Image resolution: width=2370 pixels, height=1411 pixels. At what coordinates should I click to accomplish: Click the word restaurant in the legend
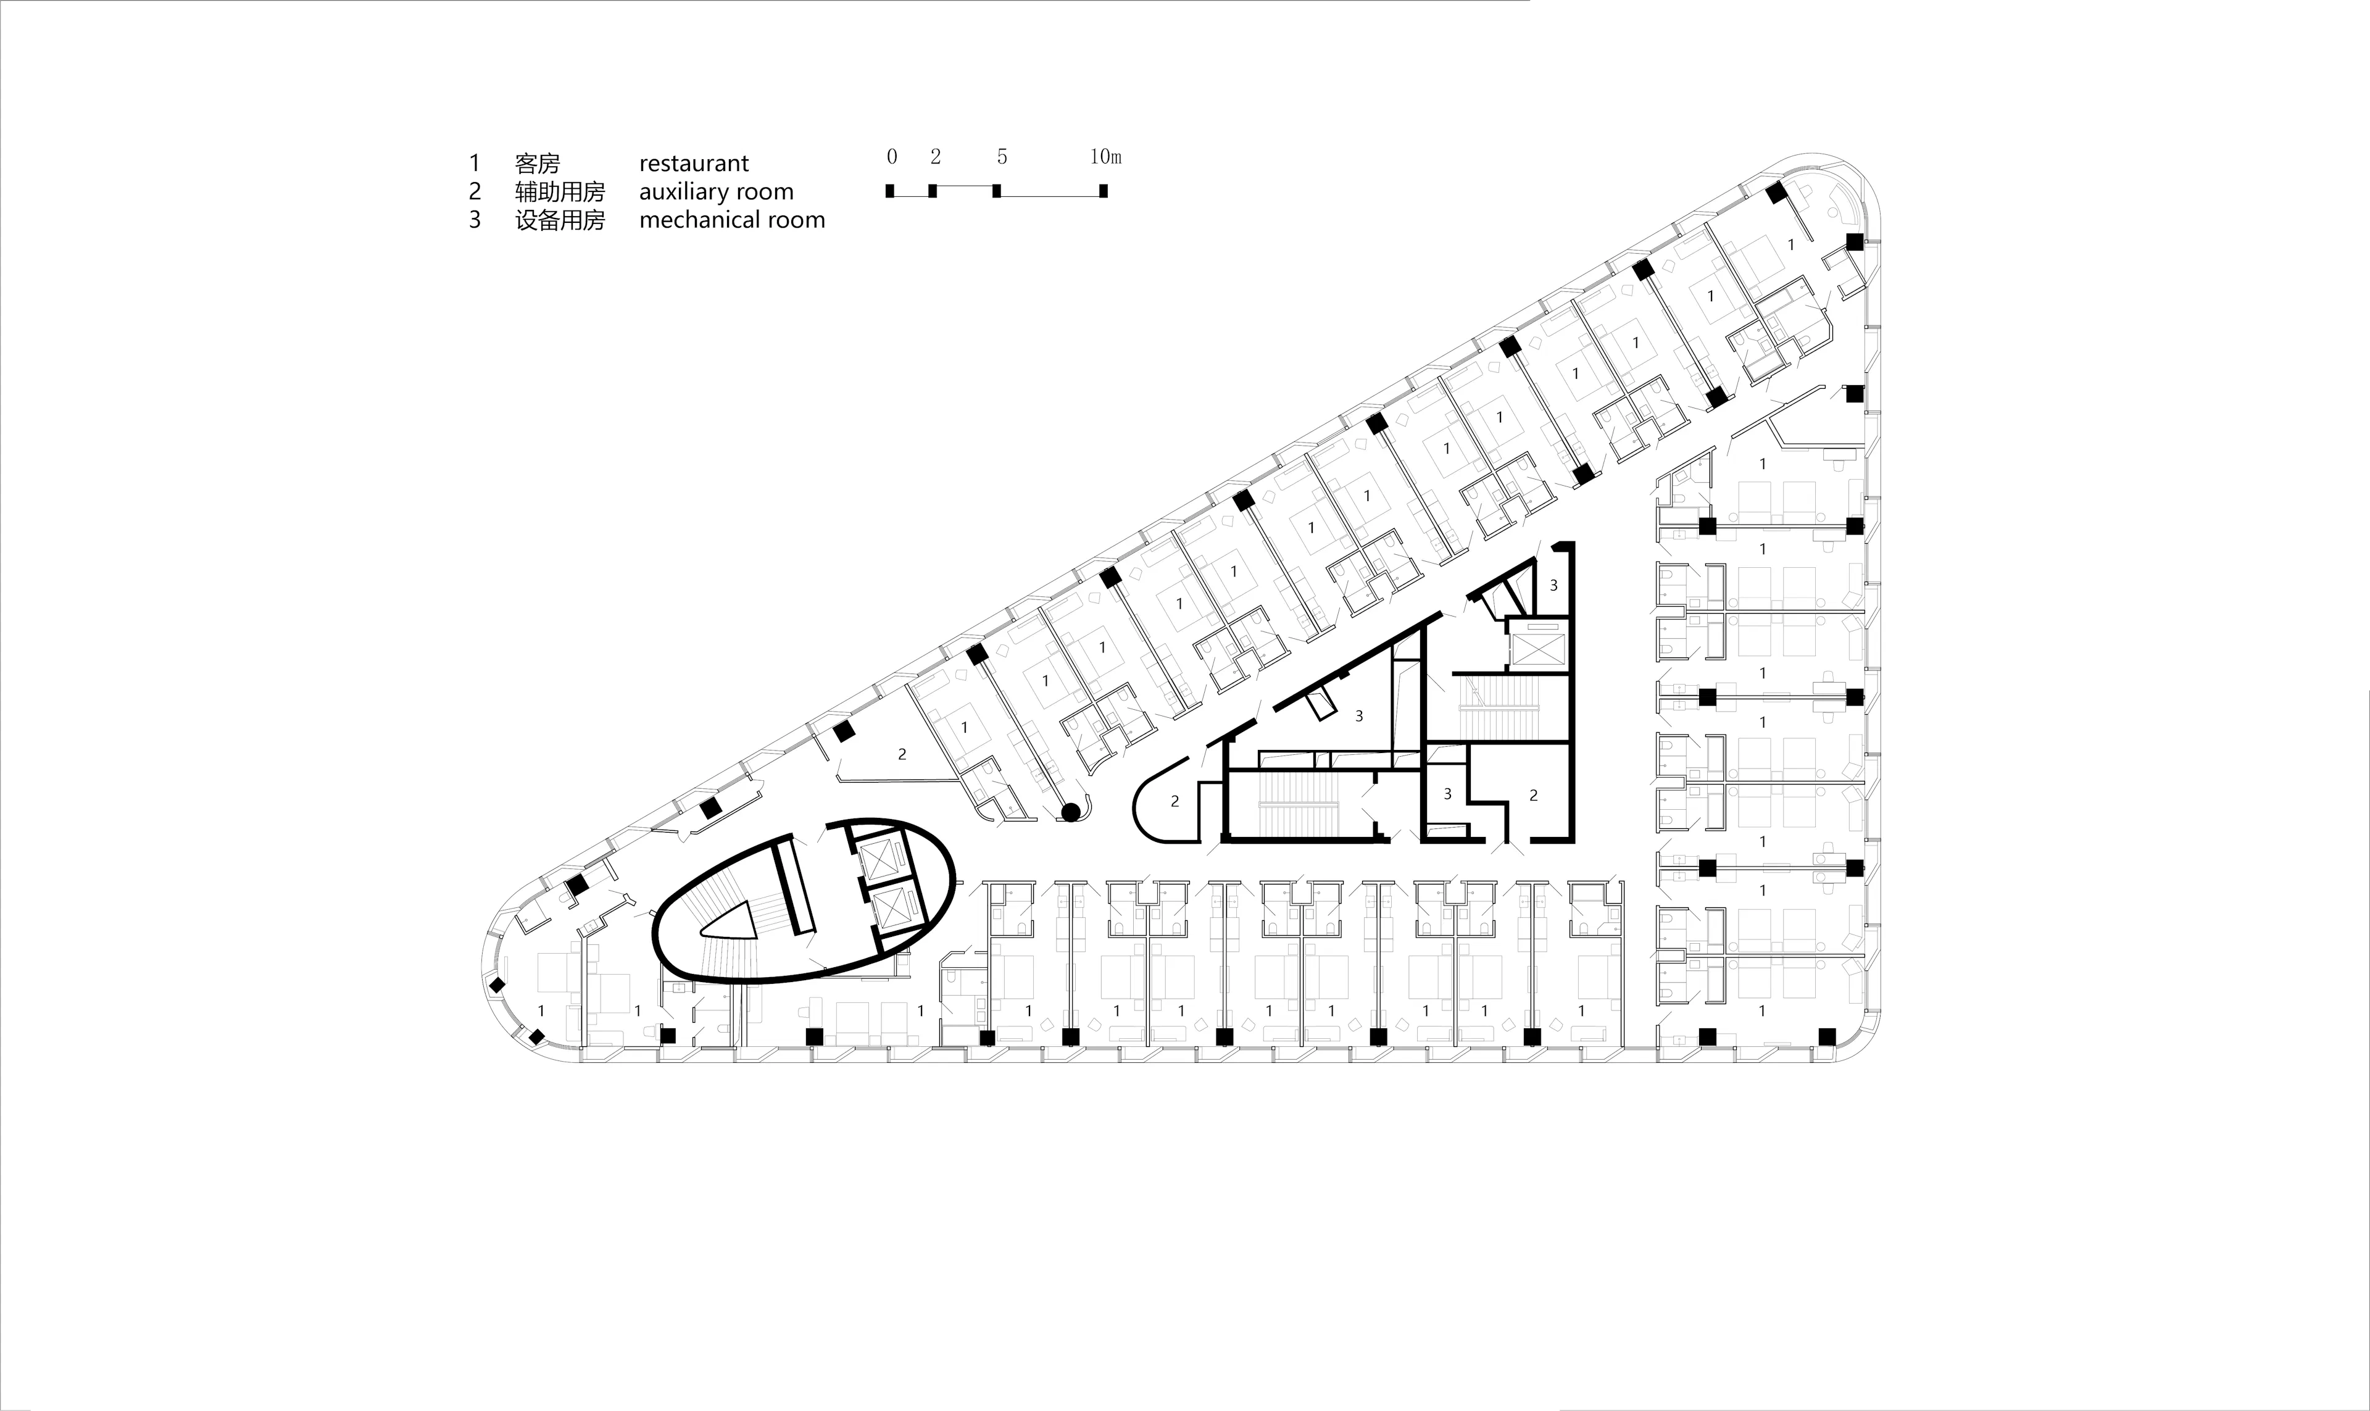click(x=694, y=164)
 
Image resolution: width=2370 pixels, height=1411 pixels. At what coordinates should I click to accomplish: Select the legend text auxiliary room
click(x=716, y=192)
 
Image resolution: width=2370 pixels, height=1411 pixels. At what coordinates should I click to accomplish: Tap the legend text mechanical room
click(x=732, y=220)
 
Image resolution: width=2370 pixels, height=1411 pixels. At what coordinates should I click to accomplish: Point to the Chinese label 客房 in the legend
click(x=537, y=164)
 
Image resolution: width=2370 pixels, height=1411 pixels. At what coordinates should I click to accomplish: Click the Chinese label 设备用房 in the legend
click(x=560, y=220)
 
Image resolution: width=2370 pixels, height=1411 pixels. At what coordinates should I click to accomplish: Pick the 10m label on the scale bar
click(x=1105, y=157)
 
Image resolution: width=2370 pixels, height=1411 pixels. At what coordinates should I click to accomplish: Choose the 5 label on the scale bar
click(x=1002, y=157)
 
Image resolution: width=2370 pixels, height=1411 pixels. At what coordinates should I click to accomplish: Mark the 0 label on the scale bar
click(x=891, y=157)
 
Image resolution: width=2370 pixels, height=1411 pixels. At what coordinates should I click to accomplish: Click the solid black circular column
click(x=1070, y=812)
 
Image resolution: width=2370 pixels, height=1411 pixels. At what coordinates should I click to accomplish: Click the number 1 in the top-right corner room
click(x=1791, y=244)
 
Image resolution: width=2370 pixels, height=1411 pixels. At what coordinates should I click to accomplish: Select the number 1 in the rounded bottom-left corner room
click(x=541, y=1010)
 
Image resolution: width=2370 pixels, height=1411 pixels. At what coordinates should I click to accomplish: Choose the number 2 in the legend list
click(x=475, y=192)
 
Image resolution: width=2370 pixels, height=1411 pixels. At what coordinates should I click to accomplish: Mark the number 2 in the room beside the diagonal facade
click(x=902, y=754)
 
